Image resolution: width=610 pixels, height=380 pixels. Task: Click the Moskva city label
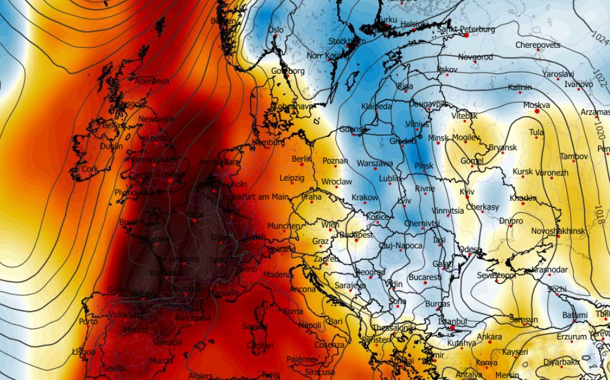[536, 105]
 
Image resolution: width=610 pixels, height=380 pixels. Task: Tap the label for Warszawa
[374, 164]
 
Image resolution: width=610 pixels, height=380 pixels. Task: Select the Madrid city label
[136, 330]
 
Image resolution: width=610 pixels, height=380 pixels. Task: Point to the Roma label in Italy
[293, 311]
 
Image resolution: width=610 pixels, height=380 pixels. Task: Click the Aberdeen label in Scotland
[151, 81]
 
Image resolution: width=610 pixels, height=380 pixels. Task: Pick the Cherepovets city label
[537, 45]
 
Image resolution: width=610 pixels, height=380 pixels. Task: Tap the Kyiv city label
[467, 192]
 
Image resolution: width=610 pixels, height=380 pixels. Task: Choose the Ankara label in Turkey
[489, 337]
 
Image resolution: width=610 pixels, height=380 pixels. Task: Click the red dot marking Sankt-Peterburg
[466, 35]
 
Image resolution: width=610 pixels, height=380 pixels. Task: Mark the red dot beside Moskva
[537, 111]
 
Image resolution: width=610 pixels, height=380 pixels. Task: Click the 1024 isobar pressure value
[600, 40]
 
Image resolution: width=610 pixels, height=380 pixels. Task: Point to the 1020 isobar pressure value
[601, 132]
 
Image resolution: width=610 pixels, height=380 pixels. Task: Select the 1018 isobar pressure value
[599, 215]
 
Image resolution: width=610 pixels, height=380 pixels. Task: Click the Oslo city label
[275, 30]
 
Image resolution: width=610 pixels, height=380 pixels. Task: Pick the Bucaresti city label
[425, 277]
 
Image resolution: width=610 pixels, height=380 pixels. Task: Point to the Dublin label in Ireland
[111, 146]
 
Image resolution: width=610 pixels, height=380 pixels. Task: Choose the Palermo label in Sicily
[302, 359]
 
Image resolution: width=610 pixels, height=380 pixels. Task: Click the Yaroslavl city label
[558, 74]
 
